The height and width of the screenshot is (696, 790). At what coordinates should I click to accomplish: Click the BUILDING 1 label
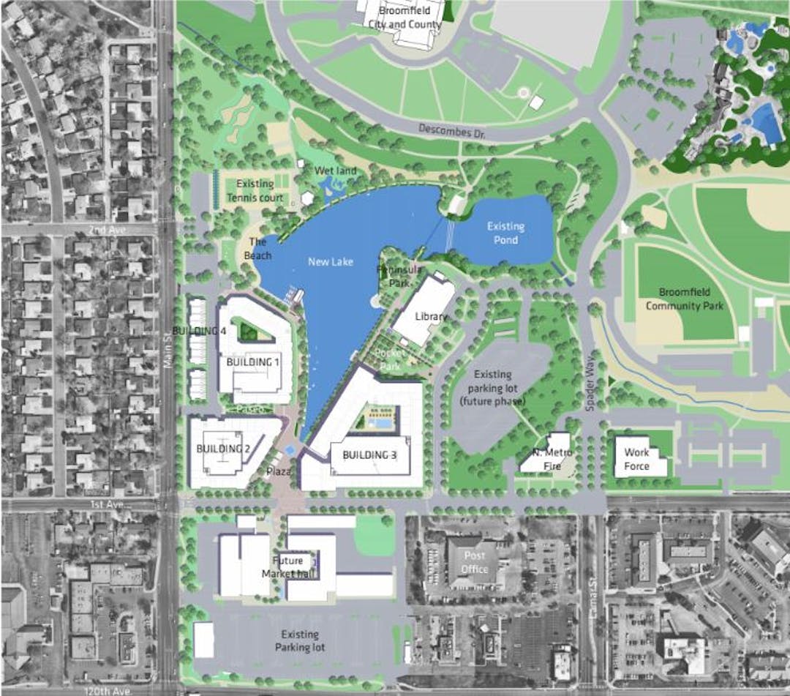252,362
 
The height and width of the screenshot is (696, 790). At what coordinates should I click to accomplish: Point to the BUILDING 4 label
199,332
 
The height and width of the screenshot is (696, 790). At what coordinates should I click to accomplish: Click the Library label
430,316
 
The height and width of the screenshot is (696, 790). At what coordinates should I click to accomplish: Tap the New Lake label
326,261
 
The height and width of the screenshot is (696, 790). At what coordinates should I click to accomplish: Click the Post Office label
475,562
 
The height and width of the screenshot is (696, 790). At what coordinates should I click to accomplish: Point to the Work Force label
636,459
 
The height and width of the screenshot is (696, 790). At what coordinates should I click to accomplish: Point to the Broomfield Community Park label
684,299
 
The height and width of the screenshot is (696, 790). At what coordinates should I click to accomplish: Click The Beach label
260,249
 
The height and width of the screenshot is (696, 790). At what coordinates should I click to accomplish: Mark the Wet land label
336,171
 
